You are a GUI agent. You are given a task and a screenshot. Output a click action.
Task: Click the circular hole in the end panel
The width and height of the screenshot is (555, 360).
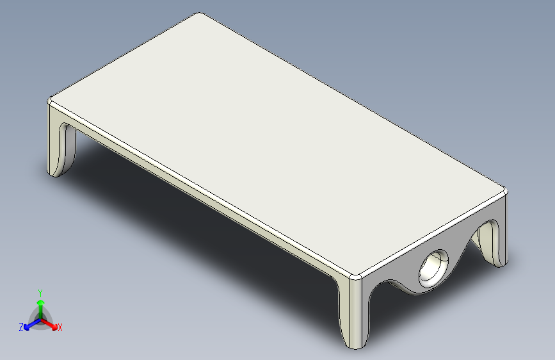tap(433, 268)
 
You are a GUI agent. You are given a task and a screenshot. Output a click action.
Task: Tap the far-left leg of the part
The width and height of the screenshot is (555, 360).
tap(60, 142)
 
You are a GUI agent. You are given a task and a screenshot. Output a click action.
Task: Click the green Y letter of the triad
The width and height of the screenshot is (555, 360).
tap(40, 293)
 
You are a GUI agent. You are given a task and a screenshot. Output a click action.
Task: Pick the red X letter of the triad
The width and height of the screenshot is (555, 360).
tap(60, 328)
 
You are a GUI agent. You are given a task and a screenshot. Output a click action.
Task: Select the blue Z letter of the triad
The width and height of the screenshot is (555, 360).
tap(21, 327)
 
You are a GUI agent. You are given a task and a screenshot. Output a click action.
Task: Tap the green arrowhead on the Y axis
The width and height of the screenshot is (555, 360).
tap(41, 302)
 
